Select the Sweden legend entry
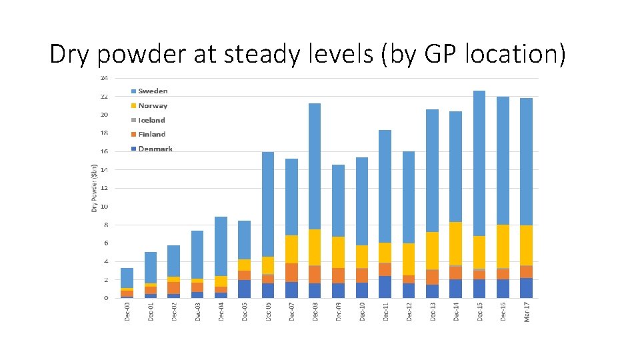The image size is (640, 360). coord(153,91)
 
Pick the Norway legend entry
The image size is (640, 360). coord(153,105)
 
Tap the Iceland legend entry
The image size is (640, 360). coord(151,120)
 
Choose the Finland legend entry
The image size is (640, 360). coord(151,134)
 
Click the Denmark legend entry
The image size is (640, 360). coord(155,149)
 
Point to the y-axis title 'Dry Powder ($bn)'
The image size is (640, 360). coord(95,189)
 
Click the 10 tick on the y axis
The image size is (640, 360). coord(105,207)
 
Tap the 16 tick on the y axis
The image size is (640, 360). coord(105,151)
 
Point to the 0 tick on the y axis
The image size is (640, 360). coord(106,298)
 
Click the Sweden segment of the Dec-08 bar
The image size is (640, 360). coord(315,167)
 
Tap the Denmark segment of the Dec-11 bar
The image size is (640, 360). coord(385,287)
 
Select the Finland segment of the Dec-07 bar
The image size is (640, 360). coord(291,273)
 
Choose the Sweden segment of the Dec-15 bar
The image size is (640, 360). coord(479,163)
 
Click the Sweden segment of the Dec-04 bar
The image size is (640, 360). coord(221,246)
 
